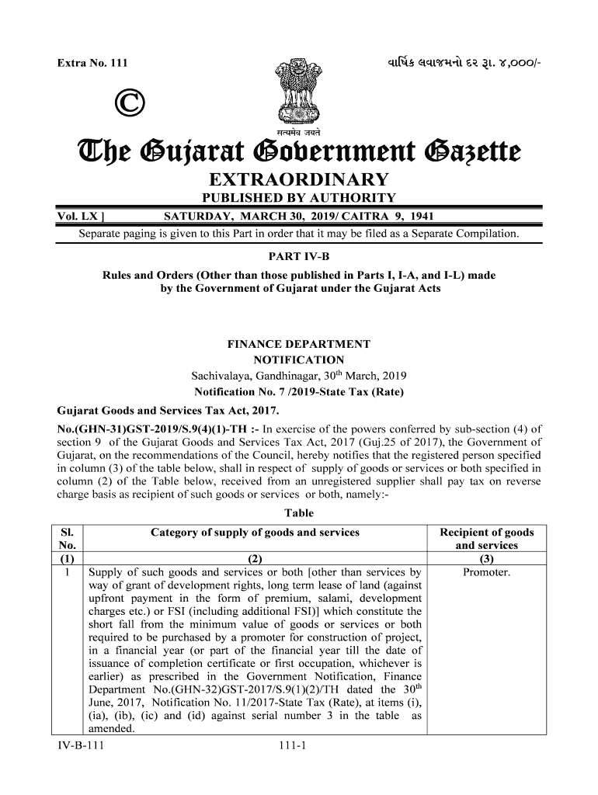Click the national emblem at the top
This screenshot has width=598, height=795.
pos(298,90)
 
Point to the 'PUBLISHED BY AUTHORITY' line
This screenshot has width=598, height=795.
pos(298,199)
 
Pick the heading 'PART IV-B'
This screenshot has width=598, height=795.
pos(298,255)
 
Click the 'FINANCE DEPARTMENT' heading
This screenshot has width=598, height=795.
pos(298,344)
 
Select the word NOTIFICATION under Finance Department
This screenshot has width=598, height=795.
pos(298,360)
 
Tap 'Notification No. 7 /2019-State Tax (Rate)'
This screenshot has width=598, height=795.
pos(298,392)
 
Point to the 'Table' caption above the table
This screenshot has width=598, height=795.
pos(299,513)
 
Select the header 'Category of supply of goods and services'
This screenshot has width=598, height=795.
pos(255,533)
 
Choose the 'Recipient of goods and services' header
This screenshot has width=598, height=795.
pos(487,539)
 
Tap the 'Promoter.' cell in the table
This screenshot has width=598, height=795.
pos(487,573)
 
